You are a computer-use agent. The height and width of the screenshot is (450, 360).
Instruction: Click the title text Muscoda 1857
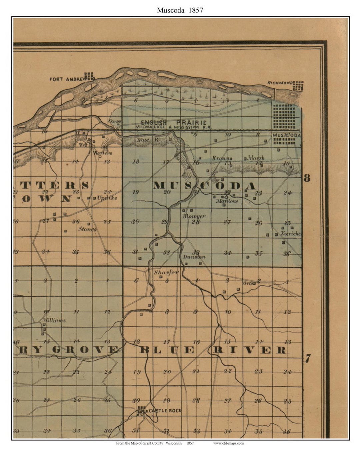(180, 10)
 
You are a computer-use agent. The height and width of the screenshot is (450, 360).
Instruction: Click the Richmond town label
(280, 83)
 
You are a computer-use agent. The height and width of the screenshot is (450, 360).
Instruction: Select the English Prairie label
(173, 123)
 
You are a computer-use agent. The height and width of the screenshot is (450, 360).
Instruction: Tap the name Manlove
(227, 201)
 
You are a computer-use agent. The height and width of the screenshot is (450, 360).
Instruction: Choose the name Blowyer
(194, 216)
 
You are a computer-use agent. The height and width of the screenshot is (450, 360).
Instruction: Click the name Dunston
(194, 257)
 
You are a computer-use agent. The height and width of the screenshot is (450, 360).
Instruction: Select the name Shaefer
(166, 272)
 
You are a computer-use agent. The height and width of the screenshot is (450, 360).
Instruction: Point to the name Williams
(54, 320)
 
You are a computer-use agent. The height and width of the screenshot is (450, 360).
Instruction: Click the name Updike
(107, 198)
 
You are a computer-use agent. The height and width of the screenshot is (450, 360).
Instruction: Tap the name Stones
(87, 229)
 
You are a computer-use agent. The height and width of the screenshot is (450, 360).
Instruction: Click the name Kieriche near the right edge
(291, 234)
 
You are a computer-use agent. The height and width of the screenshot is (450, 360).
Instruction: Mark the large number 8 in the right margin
(307, 178)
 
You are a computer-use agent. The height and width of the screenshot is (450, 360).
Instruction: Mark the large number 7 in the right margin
(308, 359)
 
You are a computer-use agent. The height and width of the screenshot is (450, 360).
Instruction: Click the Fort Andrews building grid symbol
(89, 76)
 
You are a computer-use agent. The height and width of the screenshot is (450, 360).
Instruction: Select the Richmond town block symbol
(298, 86)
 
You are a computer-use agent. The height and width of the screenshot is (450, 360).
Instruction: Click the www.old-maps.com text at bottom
(228, 443)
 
